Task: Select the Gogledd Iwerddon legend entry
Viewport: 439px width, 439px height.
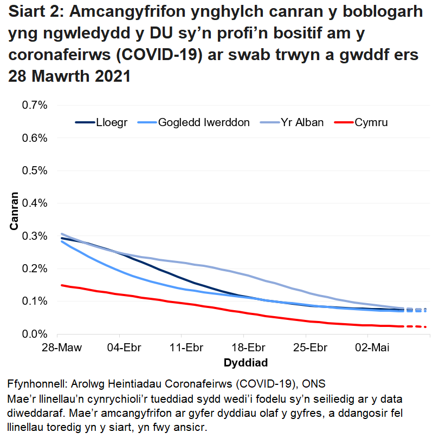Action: click(204, 122)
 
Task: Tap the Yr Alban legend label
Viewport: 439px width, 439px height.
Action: click(302, 122)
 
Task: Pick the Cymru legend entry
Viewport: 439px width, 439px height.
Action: click(371, 122)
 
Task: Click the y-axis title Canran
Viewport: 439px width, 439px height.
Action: click(14, 211)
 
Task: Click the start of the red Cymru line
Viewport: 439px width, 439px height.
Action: click(62, 285)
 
